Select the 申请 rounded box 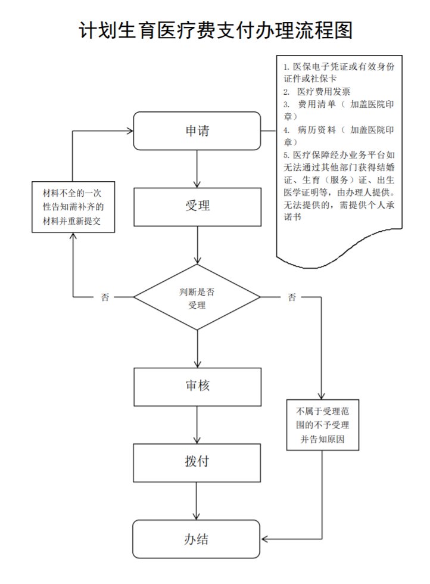click(197, 131)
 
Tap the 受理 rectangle click(197, 206)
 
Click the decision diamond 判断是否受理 click(197, 297)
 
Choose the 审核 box click(197, 386)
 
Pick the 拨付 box click(197, 462)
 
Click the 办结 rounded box click(197, 539)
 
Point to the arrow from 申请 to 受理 click(197, 169)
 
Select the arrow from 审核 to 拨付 click(197, 424)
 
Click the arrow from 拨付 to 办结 click(197, 501)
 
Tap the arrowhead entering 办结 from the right click(266, 539)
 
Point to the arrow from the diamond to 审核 click(197, 349)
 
